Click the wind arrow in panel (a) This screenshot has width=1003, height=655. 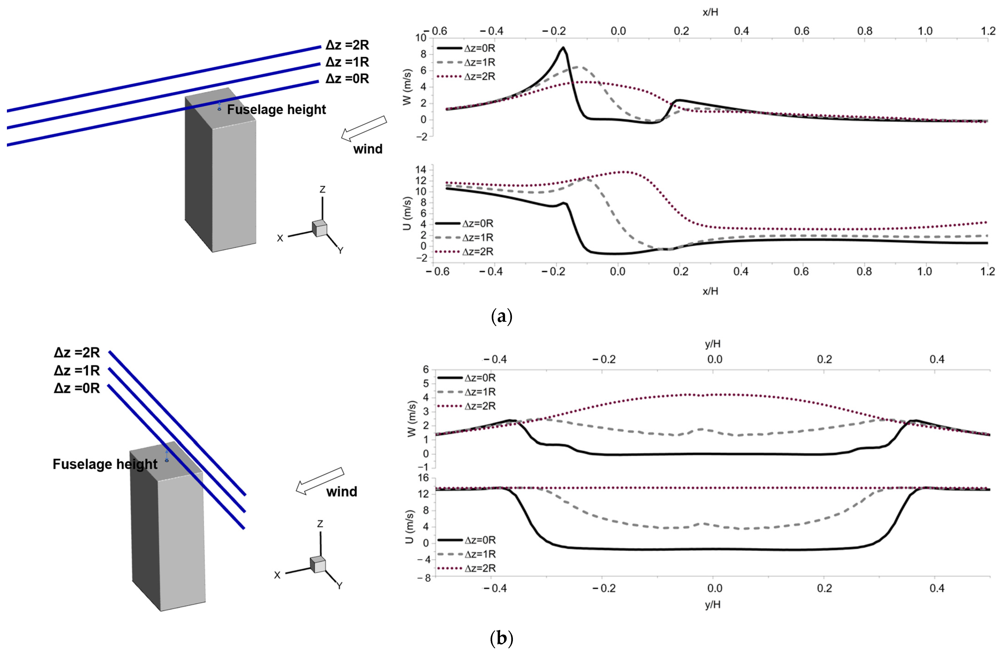[x=364, y=128]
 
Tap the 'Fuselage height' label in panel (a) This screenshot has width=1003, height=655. [x=276, y=109]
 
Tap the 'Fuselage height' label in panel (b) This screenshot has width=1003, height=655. [x=105, y=464]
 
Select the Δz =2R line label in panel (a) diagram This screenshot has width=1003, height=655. [x=347, y=45]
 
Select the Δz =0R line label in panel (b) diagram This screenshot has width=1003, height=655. [x=77, y=388]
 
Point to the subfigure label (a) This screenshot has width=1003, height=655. [x=502, y=316]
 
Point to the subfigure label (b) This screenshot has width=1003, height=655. [x=502, y=639]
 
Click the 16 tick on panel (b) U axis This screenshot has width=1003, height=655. [x=423, y=478]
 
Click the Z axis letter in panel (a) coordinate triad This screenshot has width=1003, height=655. [x=322, y=190]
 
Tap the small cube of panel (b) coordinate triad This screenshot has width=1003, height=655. [x=318, y=564]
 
